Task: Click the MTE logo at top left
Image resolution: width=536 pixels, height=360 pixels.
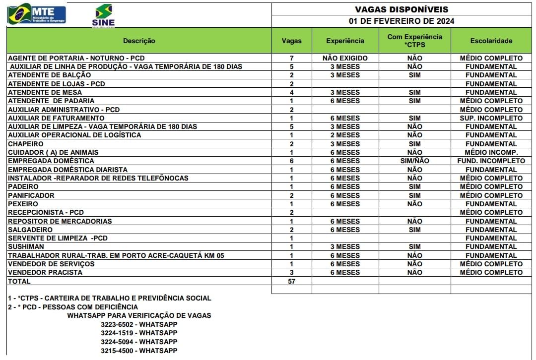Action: pyautogui.click(x=36, y=14)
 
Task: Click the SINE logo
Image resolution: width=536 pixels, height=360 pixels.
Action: pyautogui.click(x=103, y=15)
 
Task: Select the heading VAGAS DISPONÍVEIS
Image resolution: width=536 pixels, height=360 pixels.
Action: pyautogui.click(x=402, y=9)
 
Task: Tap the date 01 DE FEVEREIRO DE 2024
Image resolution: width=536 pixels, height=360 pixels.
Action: pyautogui.click(x=402, y=21)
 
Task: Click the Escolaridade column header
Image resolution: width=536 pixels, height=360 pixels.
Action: pyautogui.click(x=491, y=41)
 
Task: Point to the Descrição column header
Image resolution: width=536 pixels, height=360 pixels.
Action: pyautogui.click(x=139, y=41)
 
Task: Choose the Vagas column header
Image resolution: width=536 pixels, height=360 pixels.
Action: pyautogui.click(x=291, y=41)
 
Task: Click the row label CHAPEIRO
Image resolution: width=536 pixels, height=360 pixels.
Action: pyautogui.click(x=26, y=144)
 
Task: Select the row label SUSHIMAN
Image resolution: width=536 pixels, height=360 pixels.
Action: pyautogui.click(x=26, y=246)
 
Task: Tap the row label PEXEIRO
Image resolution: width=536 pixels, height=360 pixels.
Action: pyautogui.click(x=23, y=204)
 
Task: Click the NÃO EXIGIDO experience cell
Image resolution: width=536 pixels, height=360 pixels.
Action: pyautogui.click(x=345, y=58)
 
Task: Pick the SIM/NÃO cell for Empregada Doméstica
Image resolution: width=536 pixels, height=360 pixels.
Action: pyautogui.click(x=414, y=161)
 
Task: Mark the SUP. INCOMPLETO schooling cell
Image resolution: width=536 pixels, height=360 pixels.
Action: pyautogui.click(x=491, y=118)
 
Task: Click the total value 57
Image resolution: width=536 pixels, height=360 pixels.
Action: pyautogui.click(x=291, y=281)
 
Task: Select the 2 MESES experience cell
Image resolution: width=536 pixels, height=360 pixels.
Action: pyautogui.click(x=345, y=135)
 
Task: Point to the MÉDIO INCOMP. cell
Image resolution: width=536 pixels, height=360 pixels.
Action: pyautogui.click(x=491, y=152)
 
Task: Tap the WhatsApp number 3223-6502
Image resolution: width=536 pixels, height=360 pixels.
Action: pyautogui.click(x=138, y=324)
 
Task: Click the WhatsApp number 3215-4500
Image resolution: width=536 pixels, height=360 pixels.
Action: pyautogui.click(x=138, y=351)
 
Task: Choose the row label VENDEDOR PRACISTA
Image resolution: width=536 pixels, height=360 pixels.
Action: pyautogui.click(x=45, y=272)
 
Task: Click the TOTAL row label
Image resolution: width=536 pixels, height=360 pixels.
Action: pyautogui.click(x=19, y=281)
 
